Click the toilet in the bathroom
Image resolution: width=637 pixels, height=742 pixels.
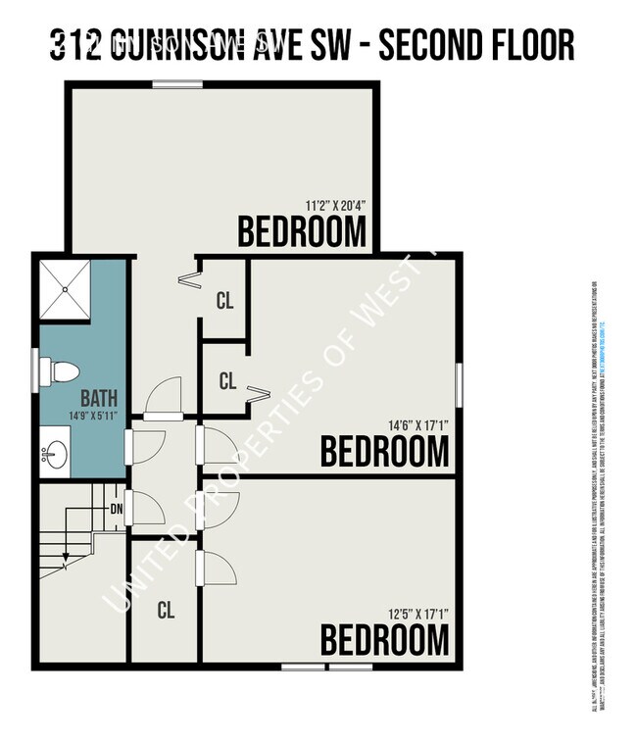[x=64, y=371]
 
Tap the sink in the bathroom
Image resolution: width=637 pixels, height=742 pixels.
[x=57, y=454]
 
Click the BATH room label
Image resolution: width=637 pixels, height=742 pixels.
[x=99, y=399]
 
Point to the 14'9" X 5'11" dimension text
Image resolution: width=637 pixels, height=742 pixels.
[x=98, y=415]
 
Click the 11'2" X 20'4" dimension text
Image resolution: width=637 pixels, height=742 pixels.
[x=335, y=207]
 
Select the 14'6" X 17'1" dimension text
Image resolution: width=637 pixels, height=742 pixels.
[x=417, y=425]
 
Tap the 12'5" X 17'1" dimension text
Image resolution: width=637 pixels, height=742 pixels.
[x=417, y=614]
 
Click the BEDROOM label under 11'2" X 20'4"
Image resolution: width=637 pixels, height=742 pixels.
[x=303, y=232]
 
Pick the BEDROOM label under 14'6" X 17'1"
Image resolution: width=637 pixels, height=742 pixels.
[x=385, y=452]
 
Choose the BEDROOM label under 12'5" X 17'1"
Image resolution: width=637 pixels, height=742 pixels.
[x=385, y=640]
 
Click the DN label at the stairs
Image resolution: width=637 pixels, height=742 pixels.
[x=117, y=508]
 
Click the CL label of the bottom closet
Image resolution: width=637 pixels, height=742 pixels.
[x=166, y=610]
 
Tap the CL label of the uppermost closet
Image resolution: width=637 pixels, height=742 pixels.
[x=225, y=301]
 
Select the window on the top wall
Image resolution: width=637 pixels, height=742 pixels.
[x=177, y=84]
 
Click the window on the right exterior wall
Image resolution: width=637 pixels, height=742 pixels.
[x=458, y=382]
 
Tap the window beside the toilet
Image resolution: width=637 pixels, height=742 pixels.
[x=43, y=371]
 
